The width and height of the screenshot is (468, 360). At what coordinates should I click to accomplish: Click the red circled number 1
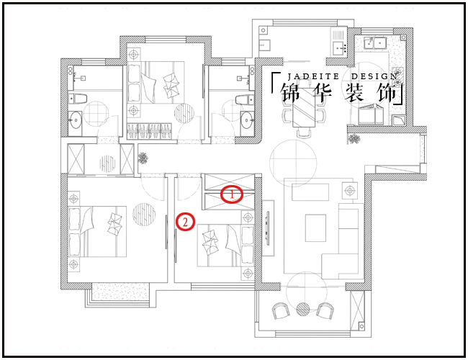232,194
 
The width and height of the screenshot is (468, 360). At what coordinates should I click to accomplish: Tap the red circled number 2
185,222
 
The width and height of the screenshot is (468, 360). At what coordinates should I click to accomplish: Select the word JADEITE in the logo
313,76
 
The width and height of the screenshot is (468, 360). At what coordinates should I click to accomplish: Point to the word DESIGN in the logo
374,76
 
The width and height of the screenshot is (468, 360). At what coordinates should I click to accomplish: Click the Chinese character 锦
290,93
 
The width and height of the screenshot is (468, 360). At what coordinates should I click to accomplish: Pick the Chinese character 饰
387,93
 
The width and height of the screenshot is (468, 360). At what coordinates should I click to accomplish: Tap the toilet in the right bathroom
245,99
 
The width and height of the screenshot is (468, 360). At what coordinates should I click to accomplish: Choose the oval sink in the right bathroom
247,120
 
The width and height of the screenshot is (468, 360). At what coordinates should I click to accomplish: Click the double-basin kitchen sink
375,42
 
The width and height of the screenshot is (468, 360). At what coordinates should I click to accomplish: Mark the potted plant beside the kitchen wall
354,138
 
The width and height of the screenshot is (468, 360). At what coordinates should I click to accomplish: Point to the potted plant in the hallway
143,158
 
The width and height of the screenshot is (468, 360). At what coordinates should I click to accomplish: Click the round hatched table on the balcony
303,309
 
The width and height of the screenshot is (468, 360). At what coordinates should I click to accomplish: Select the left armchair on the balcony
281,311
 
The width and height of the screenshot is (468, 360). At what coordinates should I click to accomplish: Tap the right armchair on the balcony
325,311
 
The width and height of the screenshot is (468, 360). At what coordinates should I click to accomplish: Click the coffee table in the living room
315,228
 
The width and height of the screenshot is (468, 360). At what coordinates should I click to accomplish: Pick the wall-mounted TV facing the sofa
268,228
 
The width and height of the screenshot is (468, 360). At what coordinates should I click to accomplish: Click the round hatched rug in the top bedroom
184,113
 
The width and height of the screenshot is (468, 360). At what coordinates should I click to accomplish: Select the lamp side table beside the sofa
349,190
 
